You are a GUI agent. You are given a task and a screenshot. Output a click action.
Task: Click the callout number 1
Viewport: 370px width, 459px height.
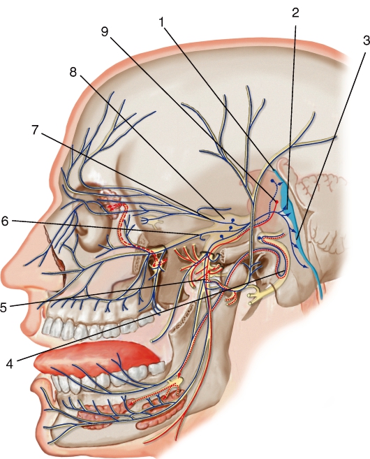coord(162,22)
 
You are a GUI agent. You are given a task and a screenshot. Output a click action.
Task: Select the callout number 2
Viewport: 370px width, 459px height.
coord(295,13)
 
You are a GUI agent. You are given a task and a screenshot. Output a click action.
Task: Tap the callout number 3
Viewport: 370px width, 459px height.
coord(366,40)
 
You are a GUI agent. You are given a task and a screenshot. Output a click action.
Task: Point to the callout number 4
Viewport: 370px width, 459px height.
coord(10,363)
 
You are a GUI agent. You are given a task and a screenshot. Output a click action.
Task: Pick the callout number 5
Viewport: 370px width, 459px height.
coord(3,307)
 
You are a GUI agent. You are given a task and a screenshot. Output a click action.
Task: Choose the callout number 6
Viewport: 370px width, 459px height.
coord(4,221)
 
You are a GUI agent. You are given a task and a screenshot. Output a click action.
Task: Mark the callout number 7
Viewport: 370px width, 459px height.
coord(36,130)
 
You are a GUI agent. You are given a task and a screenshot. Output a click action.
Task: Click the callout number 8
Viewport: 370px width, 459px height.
coord(73,72)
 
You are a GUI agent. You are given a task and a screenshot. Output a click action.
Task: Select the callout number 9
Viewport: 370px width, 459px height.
coord(105,31)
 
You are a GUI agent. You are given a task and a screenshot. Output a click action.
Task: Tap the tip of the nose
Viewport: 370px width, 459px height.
coord(6,265)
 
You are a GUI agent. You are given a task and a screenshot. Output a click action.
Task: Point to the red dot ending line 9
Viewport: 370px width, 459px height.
coord(276,202)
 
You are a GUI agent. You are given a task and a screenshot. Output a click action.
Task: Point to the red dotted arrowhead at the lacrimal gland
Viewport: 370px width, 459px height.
coord(110,208)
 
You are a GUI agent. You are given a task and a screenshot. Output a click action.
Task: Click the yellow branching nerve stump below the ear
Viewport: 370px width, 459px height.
coord(257,296)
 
